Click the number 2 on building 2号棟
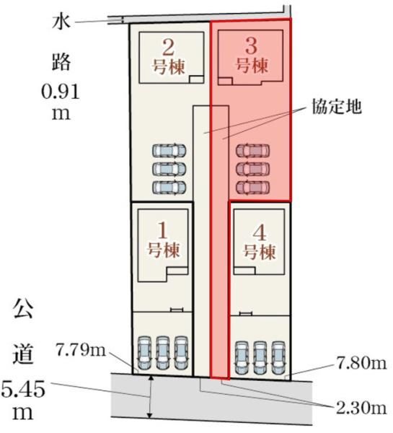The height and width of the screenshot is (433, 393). pos(168,48)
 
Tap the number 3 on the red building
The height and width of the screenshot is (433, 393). pos(251,46)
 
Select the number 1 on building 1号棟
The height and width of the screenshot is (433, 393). pos(163,231)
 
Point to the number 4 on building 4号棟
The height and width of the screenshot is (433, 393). pos(260,232)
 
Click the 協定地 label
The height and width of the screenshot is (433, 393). pos(337,106)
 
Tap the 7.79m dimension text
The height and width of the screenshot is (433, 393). pos(81,350)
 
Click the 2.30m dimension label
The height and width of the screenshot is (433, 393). pos(361,408)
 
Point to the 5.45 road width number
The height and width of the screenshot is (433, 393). pos(23,389)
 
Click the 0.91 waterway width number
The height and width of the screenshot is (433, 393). pos(61,92)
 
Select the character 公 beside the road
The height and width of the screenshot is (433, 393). pos(23,308)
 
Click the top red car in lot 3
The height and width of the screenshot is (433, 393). pos(252,151)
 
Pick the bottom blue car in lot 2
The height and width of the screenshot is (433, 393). pos(169,187)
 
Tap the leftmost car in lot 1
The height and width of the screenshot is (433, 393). pos(145,353)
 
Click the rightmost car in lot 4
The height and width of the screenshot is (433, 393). pos(278,358)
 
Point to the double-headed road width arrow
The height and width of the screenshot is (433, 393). pos(150,396)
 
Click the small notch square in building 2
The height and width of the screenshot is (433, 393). pos(196,79)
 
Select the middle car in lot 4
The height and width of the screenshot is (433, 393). pos(260,358)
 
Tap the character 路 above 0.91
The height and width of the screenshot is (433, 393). pos(61,62)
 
